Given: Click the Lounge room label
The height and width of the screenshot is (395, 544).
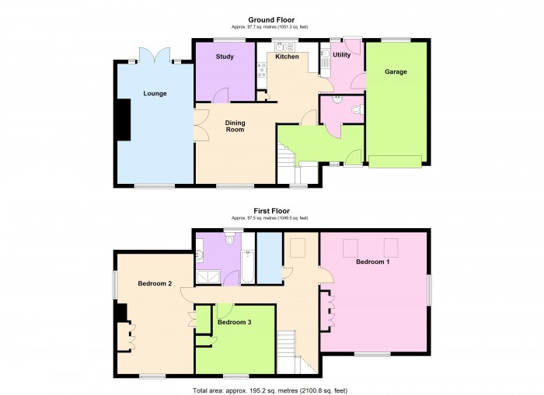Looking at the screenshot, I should point(155,94).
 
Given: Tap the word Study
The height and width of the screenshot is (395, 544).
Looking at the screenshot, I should point(225,57).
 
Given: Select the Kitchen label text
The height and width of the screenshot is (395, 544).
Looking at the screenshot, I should point(287,57).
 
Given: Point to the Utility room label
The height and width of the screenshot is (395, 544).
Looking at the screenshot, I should point(341,55).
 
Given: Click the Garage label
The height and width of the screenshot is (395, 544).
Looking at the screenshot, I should point(396,72).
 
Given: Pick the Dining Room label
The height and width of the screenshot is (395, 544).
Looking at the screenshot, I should point(235,126).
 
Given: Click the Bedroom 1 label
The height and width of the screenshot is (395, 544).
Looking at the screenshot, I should point(373,262).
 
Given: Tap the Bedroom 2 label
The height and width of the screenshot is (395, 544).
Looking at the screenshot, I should point(155,283).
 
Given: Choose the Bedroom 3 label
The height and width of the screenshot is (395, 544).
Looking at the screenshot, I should point(234,321).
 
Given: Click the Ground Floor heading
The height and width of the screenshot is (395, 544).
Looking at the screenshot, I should point(271,19).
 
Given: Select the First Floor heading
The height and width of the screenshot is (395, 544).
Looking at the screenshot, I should point(271,210).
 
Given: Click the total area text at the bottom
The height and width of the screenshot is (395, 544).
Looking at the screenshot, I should point(271,388).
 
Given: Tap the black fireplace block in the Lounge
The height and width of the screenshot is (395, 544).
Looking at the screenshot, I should point(123,120).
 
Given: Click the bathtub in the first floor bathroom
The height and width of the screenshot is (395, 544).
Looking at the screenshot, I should point(246,266).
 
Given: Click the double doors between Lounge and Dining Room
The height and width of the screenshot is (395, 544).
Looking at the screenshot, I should point(199,124).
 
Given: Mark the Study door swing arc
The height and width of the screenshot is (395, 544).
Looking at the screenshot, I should point(221,95).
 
